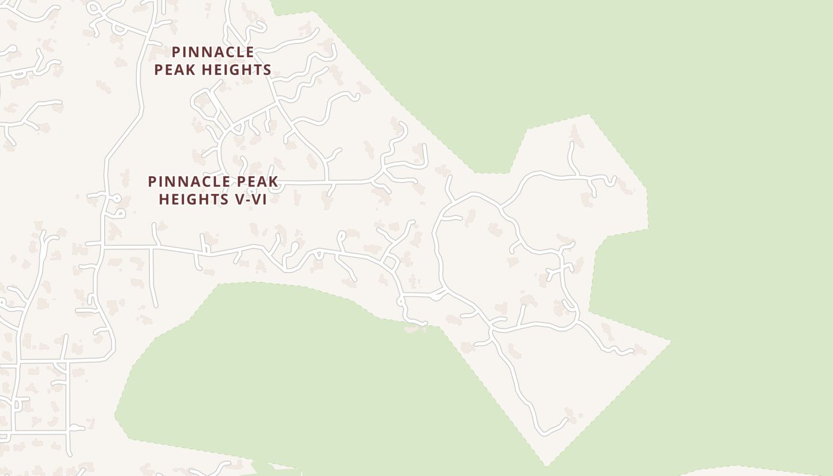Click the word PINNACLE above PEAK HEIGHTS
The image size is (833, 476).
tap(213, 52)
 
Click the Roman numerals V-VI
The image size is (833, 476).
tap(250, 199)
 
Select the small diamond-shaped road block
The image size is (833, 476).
tap(390, 262)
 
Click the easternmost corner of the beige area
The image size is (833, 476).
tap(671, 342)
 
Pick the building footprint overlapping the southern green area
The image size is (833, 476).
tap(415, 327)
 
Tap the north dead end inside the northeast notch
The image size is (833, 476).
tap(572, 143)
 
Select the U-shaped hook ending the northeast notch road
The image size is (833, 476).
tap(612, 180)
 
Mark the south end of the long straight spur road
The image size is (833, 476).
tap(156, 306)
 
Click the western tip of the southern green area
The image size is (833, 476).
tap(115, 415)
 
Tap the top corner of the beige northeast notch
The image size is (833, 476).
tap(589, 115)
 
